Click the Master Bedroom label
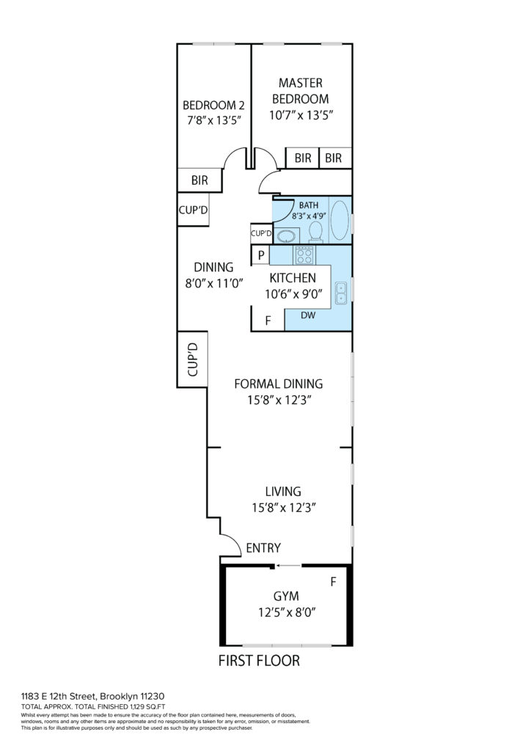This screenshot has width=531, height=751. click(x=300, y=91)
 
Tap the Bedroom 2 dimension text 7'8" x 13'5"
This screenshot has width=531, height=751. click(x=213, y=120)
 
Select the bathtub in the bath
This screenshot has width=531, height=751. click(x=340, y=220)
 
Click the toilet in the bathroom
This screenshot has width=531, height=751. click(x=315, y=231)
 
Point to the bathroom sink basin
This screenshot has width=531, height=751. click(x=286, y=236)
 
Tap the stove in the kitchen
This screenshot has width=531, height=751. click(x=304, y=254)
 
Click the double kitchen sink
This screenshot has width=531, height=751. click(x=341, y=293)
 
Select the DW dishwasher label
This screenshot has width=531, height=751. click(x=308, y=315)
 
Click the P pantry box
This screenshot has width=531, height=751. click(x=261, y=254)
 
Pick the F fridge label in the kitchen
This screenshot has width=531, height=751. click(x=268, y=320)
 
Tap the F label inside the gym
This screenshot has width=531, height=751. click(x=333, y=582)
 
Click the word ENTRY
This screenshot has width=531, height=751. click(x=263, y=548)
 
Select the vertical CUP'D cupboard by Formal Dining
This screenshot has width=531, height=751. click(x=192, y=359)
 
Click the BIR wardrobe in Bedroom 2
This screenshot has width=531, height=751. click(x=199, y=180)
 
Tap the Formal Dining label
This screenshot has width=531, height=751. click(x=279, y=384)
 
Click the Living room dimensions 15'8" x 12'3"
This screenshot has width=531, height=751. click(x=284, y=508)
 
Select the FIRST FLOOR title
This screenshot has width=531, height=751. click(x=259, y=661)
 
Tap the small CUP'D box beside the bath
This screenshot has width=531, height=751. click(x=261, y=234)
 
